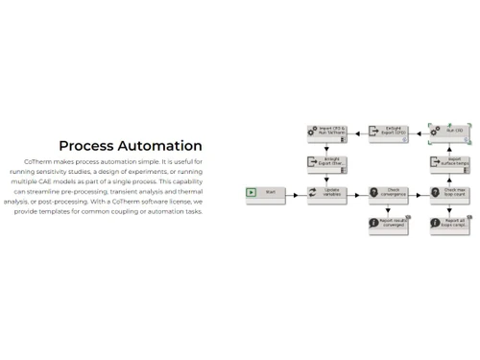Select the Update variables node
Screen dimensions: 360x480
coord(326,192)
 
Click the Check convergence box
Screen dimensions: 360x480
coord(388,192)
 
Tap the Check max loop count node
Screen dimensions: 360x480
coord(449,192)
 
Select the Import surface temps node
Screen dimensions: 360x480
coord(449,162)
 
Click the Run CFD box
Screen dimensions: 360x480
coord(449,131)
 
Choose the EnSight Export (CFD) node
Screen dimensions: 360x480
coord(388,131)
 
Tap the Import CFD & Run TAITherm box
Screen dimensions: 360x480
coord(326,132)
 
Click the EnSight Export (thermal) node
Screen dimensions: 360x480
coord(326,162)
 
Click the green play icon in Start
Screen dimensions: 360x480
coord(252,192)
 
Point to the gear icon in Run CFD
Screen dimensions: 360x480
coord(436,130)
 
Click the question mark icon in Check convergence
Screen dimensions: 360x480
coord(374,192)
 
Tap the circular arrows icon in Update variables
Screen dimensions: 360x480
coord(313,192)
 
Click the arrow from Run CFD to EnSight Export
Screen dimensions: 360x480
coord(419,131)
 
